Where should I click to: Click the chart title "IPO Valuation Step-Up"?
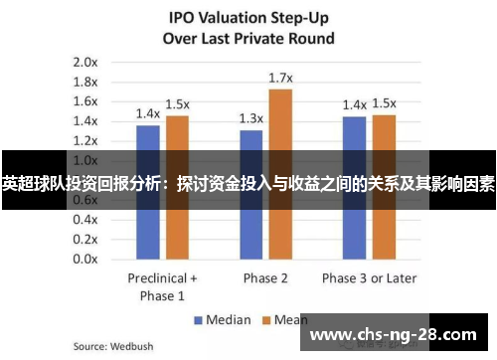[x=248, y=19]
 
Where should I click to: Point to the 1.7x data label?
[x=280, y=78]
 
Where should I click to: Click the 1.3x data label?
[x=251, y=118]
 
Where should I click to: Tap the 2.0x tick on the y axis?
[x=84, y=62]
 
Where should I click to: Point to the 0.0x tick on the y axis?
[x=84, y=259]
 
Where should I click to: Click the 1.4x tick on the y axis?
[x=84, y=120]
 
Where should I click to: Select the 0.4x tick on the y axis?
[x=84, y=219]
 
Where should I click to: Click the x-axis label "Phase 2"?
[x=265, y=277]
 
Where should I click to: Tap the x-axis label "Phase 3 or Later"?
[x=369, y=277]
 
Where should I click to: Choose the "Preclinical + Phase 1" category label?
[x=162, y=286]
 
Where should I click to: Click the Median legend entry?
[x=225, y=320]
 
